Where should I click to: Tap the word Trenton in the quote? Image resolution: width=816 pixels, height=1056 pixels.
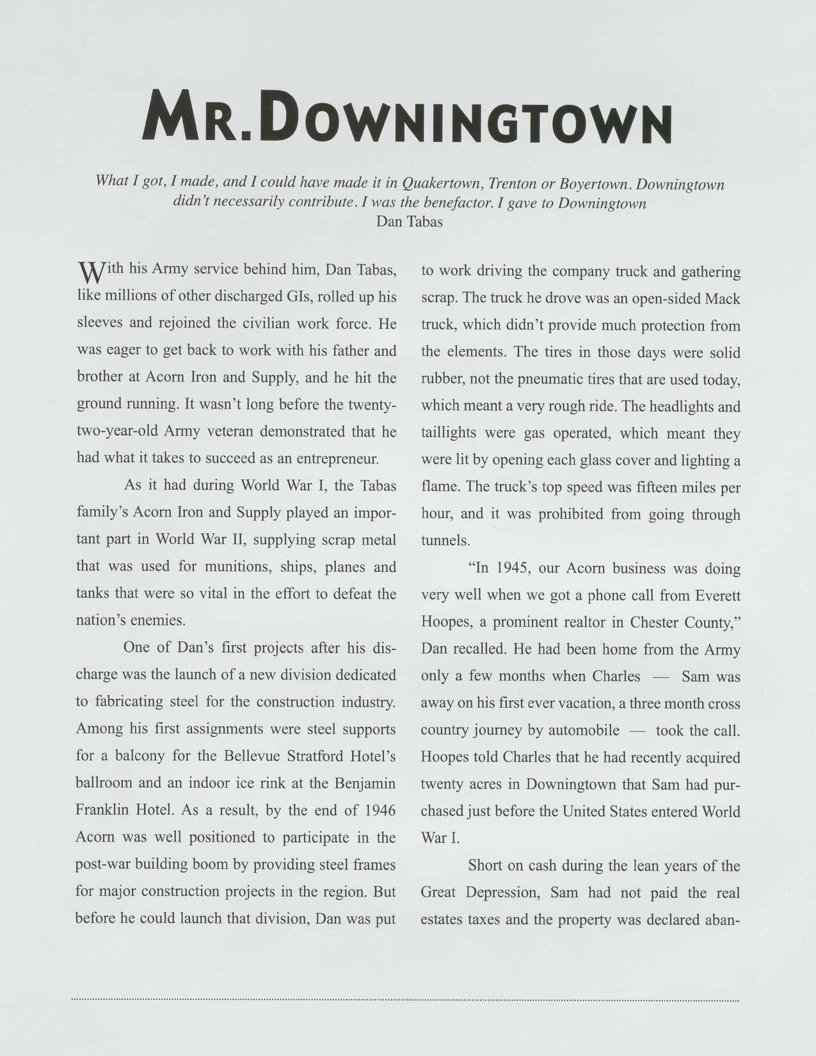pos(512,184)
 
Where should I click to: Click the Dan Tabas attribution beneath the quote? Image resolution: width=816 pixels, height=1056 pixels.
pos(409,222)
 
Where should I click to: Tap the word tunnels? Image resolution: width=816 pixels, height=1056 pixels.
pos(445,541)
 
